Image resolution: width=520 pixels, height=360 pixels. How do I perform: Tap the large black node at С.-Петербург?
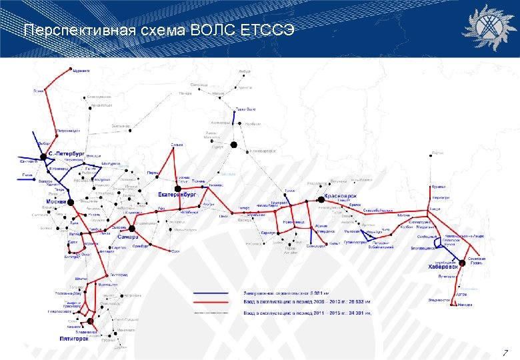point(46,155)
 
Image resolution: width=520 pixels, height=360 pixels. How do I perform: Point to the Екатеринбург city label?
point(176,194)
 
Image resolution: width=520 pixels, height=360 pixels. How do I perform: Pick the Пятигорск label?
point(74,339)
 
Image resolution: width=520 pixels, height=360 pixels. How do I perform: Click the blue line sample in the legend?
point(211,293)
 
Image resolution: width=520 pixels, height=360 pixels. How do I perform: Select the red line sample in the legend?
point(211,302)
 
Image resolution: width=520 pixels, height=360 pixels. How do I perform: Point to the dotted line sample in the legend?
point(211,311)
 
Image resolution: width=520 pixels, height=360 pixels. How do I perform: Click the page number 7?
point(505,352)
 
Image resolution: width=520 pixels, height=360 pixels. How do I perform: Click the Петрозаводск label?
point(69,130)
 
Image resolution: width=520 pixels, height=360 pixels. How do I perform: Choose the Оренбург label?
point(140,247)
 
